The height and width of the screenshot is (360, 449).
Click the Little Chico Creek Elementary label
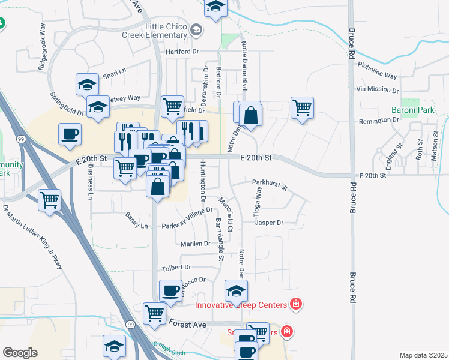tap(166, 31)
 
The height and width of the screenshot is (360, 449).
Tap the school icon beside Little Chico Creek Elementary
tap(196, 30)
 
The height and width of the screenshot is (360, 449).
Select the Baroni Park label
tap(412, 110)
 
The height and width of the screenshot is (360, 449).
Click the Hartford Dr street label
tap(182, 52)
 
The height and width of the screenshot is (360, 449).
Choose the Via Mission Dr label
tap(377, 89)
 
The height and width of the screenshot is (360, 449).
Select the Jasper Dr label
tap(268, 223)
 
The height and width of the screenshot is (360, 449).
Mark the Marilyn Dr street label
tap(195, 244)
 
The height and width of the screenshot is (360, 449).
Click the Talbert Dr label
tap(176, 267)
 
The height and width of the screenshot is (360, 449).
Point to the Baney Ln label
tap(136, 226)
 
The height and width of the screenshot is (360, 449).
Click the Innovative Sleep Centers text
tap(242, 305)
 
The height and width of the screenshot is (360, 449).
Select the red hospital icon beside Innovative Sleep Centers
tap(295, 304)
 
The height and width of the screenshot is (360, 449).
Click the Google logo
tap(20, 353)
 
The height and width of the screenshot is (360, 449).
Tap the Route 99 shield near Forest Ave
tap(130, 325)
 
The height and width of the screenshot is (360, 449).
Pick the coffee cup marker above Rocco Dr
tap(171, 290)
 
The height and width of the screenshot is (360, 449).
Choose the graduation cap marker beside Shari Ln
tap(87, 83)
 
